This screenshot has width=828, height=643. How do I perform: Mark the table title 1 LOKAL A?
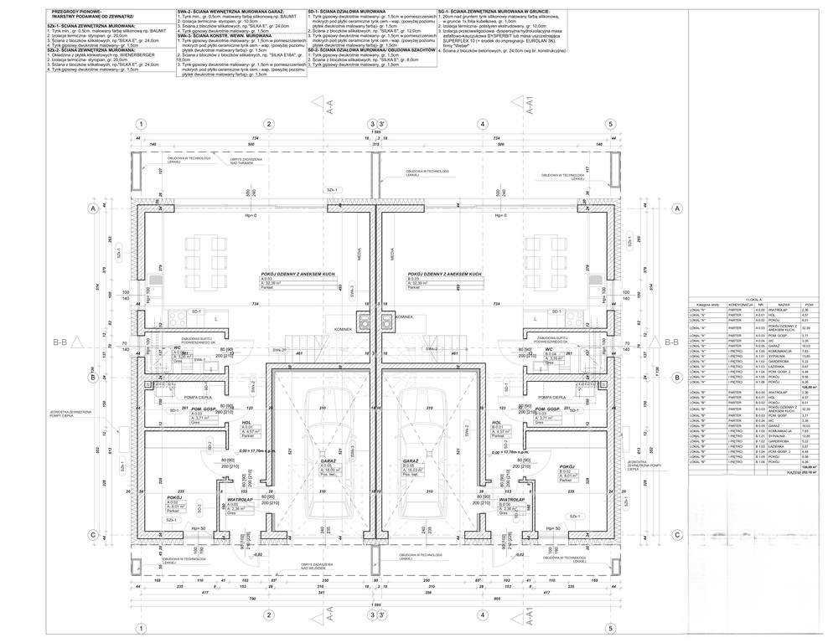(751, 298)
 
